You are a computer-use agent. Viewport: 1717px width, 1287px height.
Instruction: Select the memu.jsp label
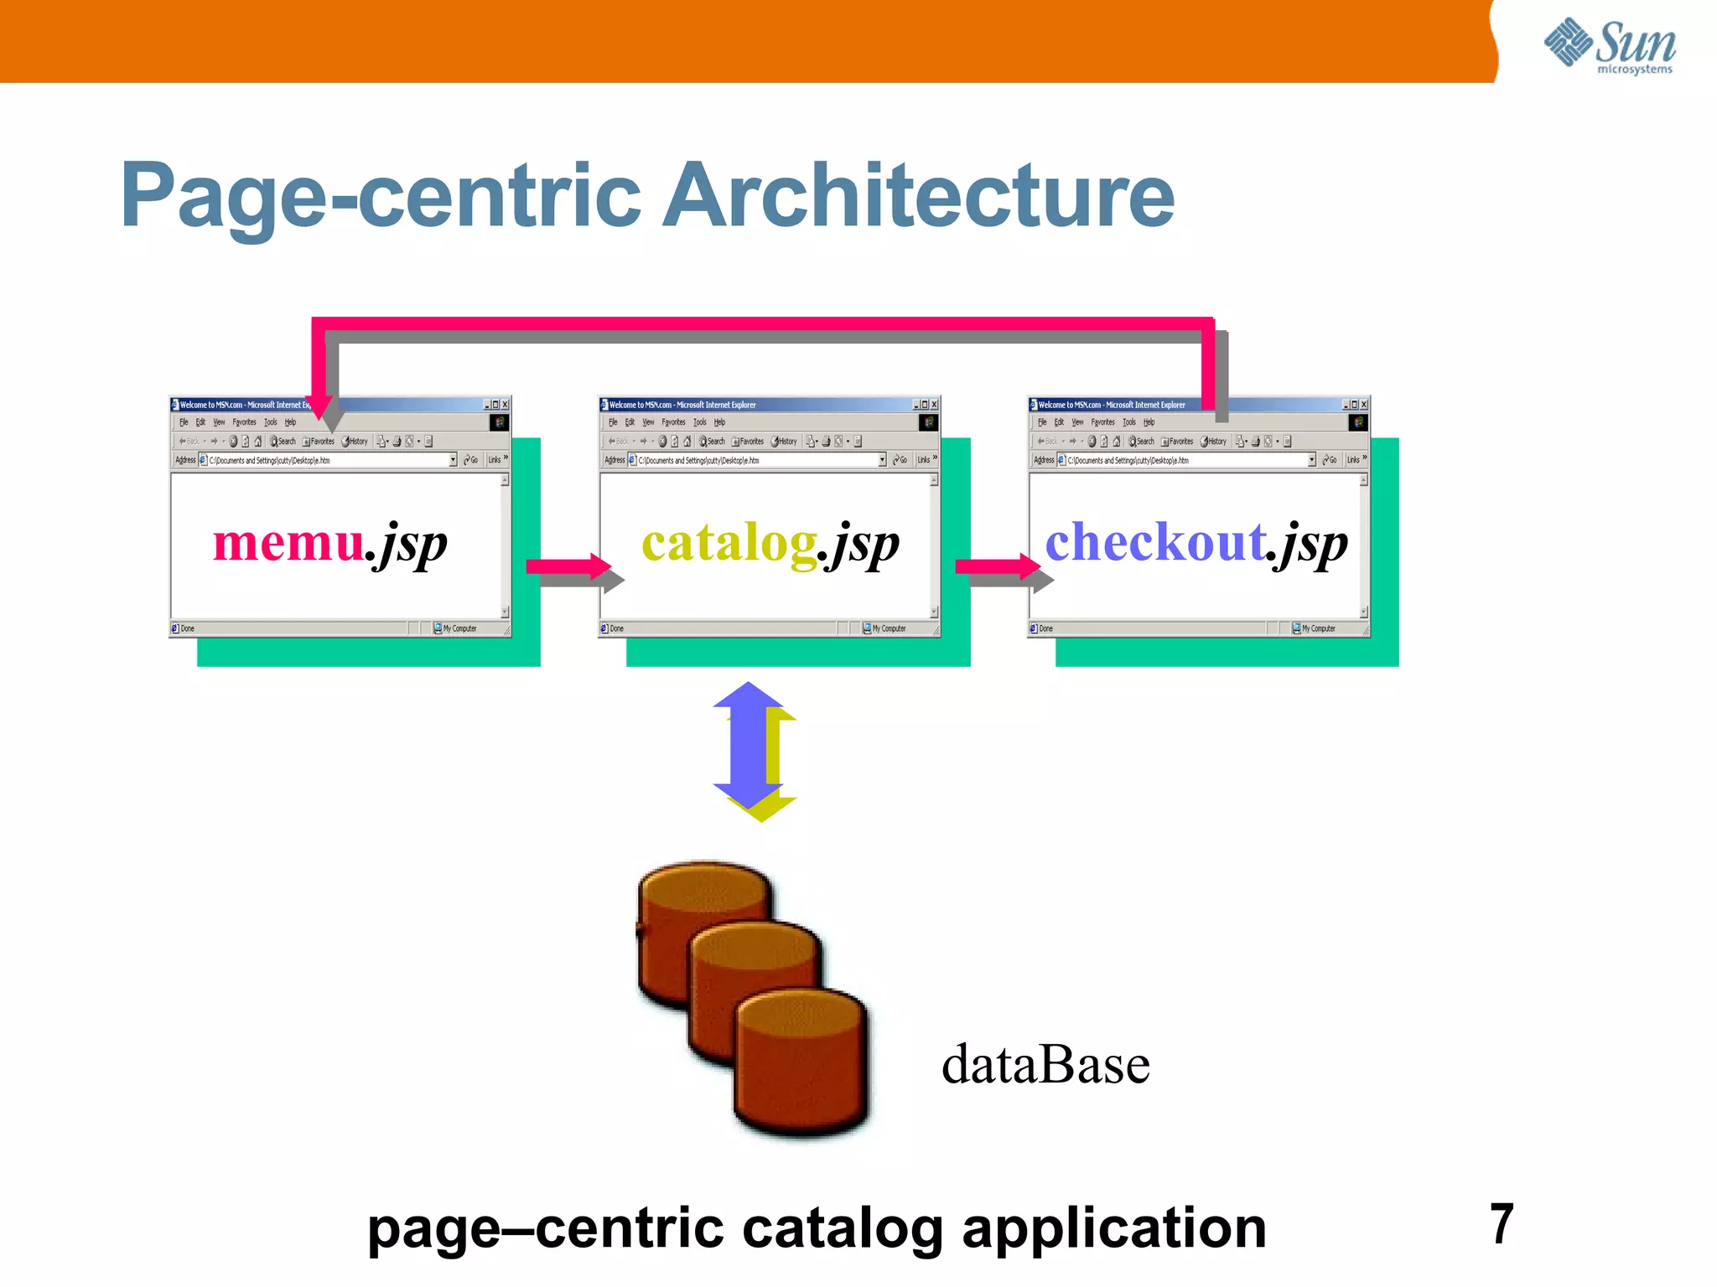[329, 544]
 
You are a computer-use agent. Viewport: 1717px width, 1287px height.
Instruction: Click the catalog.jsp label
[770, 544]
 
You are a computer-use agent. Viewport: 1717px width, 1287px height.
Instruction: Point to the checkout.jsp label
[1196, 544]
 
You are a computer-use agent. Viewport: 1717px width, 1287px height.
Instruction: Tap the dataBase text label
[1045, 1065]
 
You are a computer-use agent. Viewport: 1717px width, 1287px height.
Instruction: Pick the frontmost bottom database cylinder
[801, 1064]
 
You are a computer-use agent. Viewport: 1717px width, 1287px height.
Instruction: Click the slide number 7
[1502, 1224]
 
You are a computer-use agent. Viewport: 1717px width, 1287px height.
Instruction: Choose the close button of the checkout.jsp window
[1364, 405]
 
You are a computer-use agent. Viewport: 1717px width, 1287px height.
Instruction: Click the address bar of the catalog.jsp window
[755, 460]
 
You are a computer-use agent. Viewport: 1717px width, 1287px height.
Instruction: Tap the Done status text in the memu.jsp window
[187, 628]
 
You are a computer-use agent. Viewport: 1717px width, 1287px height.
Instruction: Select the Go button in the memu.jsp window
[471, 460]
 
